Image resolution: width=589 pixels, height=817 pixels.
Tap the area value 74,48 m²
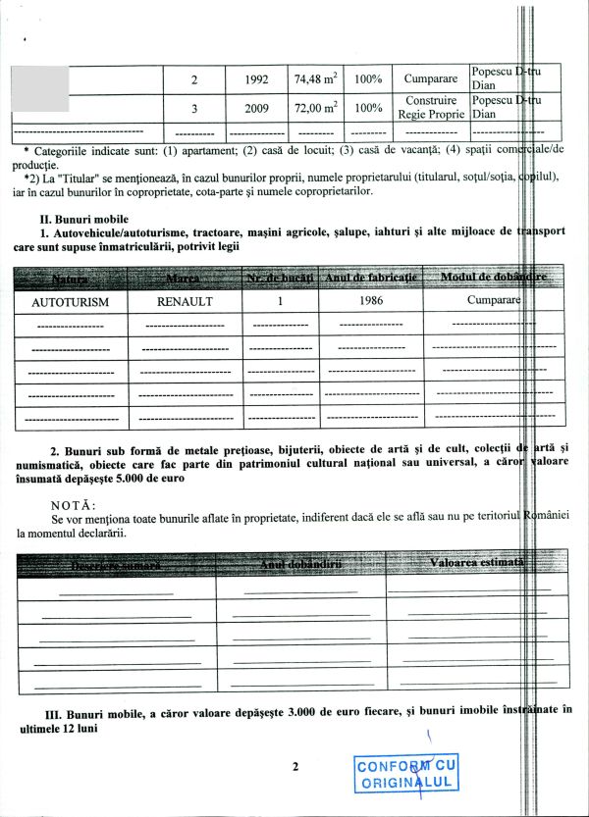pyautogui.click(x=314, y=78)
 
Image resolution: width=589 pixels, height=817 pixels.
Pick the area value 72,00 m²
pyautogui.click(x=314, y=108)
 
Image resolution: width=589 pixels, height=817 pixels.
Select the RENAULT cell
pyautogui.click(x=185, y=302)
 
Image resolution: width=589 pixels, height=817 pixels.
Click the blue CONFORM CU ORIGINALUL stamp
pyautogui.click(x=405, y=775)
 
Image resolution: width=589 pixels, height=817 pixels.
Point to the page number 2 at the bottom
pyautogui.click(x=294, y=767)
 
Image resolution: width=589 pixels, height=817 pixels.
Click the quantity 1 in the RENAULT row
pyautogui.click(x=280, y=302)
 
